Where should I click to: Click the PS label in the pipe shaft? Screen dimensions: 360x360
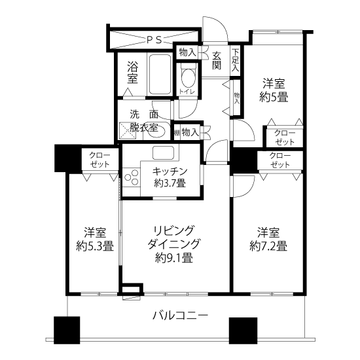(x=154, y=40)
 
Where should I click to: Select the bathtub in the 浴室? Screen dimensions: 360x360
(x=160, y=74)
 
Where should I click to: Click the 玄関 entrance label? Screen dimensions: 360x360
(x=217, y=60)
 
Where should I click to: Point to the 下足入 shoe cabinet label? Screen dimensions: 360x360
(x=236, y=60)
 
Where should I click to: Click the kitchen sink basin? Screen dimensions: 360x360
(x=163, y=153)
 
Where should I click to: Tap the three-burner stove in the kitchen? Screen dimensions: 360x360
(x=131, y=177)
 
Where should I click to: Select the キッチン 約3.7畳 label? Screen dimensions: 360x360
(x=170, y=177)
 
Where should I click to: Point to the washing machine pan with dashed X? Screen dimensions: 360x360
(x=128, y=131)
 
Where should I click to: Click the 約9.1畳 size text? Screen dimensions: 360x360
(x=174, y=258)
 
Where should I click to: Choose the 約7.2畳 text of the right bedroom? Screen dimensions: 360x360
(x=268, y=246)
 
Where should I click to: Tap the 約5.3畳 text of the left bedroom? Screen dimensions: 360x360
(x=95, y=246)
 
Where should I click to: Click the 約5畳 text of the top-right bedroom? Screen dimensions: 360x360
(x=274, y=98)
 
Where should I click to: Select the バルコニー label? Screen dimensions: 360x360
(x=181, y=315)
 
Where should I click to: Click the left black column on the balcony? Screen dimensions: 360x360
(x=67, y=330)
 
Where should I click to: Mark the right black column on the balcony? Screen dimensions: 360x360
(x=243, y=331)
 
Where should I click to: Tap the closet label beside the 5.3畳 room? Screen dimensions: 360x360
(x=99, y=160)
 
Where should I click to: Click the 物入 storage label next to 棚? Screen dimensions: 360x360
(x=190, y=132)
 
